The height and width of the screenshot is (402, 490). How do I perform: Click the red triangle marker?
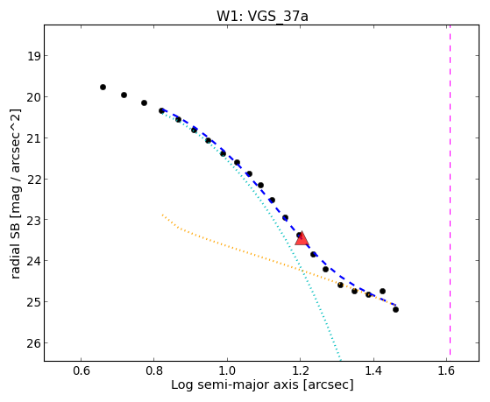[302, 239]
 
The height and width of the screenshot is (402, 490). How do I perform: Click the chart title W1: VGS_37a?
[262, 16]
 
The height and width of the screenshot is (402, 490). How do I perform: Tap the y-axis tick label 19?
[33, 56]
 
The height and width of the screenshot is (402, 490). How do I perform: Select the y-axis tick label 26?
[33, 343]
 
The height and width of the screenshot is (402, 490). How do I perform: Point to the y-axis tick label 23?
[33, 220]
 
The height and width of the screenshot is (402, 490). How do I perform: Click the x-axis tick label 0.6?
[82, 370]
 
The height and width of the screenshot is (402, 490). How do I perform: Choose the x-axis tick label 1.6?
[446, 370]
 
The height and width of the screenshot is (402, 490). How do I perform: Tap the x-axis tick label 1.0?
[227, 370]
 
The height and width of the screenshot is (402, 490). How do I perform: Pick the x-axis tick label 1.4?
[373, 370]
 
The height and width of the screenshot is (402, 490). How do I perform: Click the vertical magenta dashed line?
[450, 190]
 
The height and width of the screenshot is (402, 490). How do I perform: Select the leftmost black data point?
[103, 88]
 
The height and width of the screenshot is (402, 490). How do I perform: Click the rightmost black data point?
[395, 309]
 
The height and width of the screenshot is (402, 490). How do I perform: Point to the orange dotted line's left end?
[162, 215]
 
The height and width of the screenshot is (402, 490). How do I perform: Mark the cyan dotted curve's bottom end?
[340, 360]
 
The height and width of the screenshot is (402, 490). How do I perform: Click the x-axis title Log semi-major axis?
[234, 384]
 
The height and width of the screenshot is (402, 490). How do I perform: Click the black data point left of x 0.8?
[144, 102]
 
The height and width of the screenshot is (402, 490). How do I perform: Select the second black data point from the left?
[124, 95]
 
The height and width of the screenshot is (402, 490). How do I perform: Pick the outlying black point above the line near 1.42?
[382, 291]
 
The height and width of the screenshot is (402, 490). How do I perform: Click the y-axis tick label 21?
[33, 138]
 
